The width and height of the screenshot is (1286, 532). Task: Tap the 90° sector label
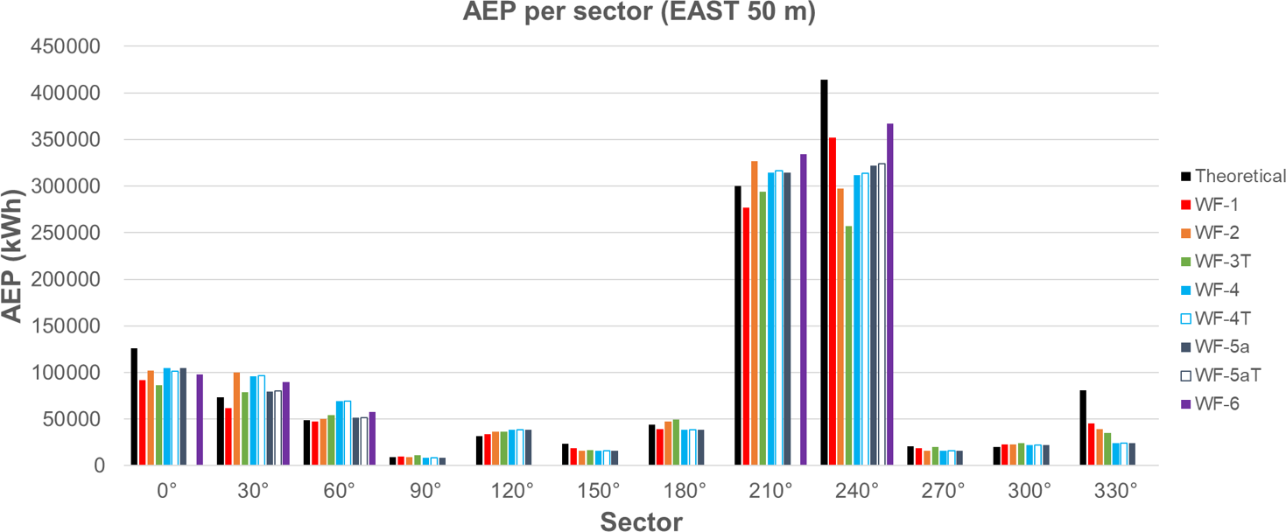click(x=425, y=491)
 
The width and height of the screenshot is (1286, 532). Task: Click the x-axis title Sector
click(x=642, y=521)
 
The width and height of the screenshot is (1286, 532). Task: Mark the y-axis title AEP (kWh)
click(x=14, y=254)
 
